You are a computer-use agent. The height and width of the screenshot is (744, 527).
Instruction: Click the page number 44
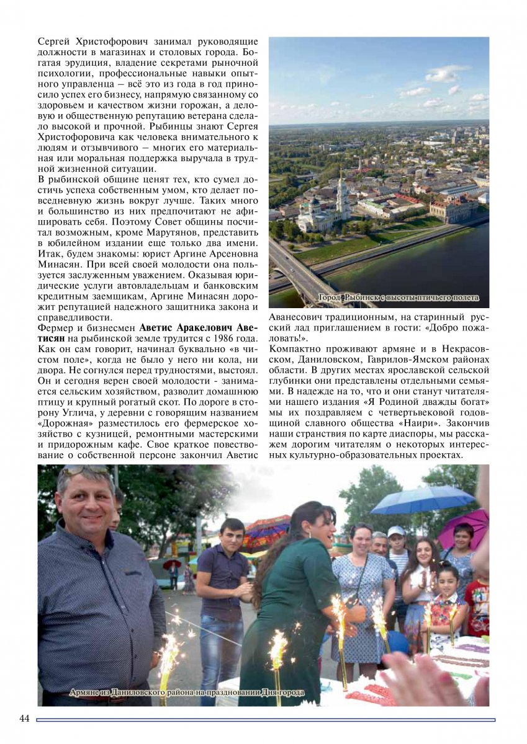point(25,719)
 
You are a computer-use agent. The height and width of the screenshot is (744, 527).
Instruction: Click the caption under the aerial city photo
point(399,298)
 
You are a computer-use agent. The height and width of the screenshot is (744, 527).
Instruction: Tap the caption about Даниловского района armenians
point(186,692)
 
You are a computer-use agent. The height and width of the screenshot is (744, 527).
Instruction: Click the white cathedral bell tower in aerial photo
point(341,195)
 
